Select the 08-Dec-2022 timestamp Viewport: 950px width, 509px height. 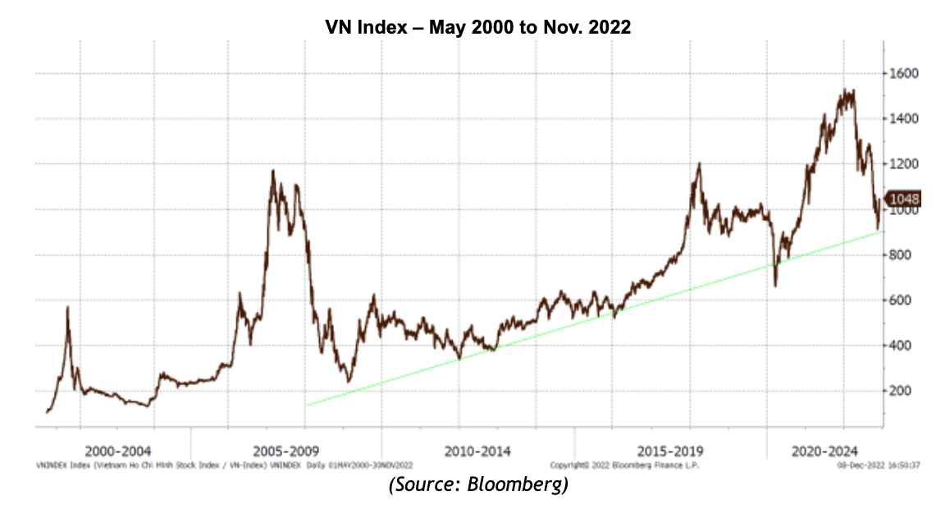tap(856, 465)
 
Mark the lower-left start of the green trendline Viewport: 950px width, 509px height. tap(308, 405)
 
